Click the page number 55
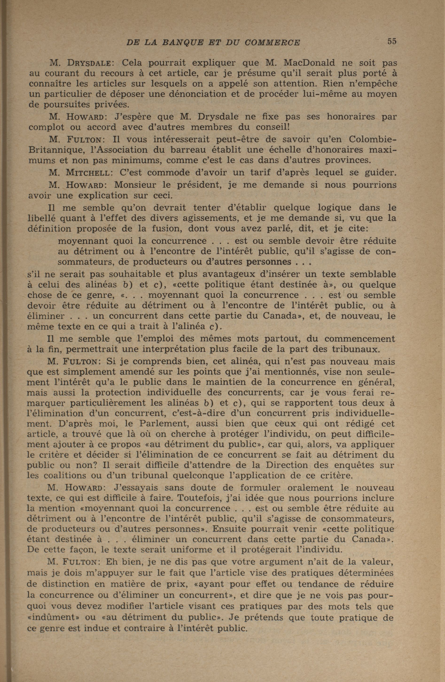coord(392,41)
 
